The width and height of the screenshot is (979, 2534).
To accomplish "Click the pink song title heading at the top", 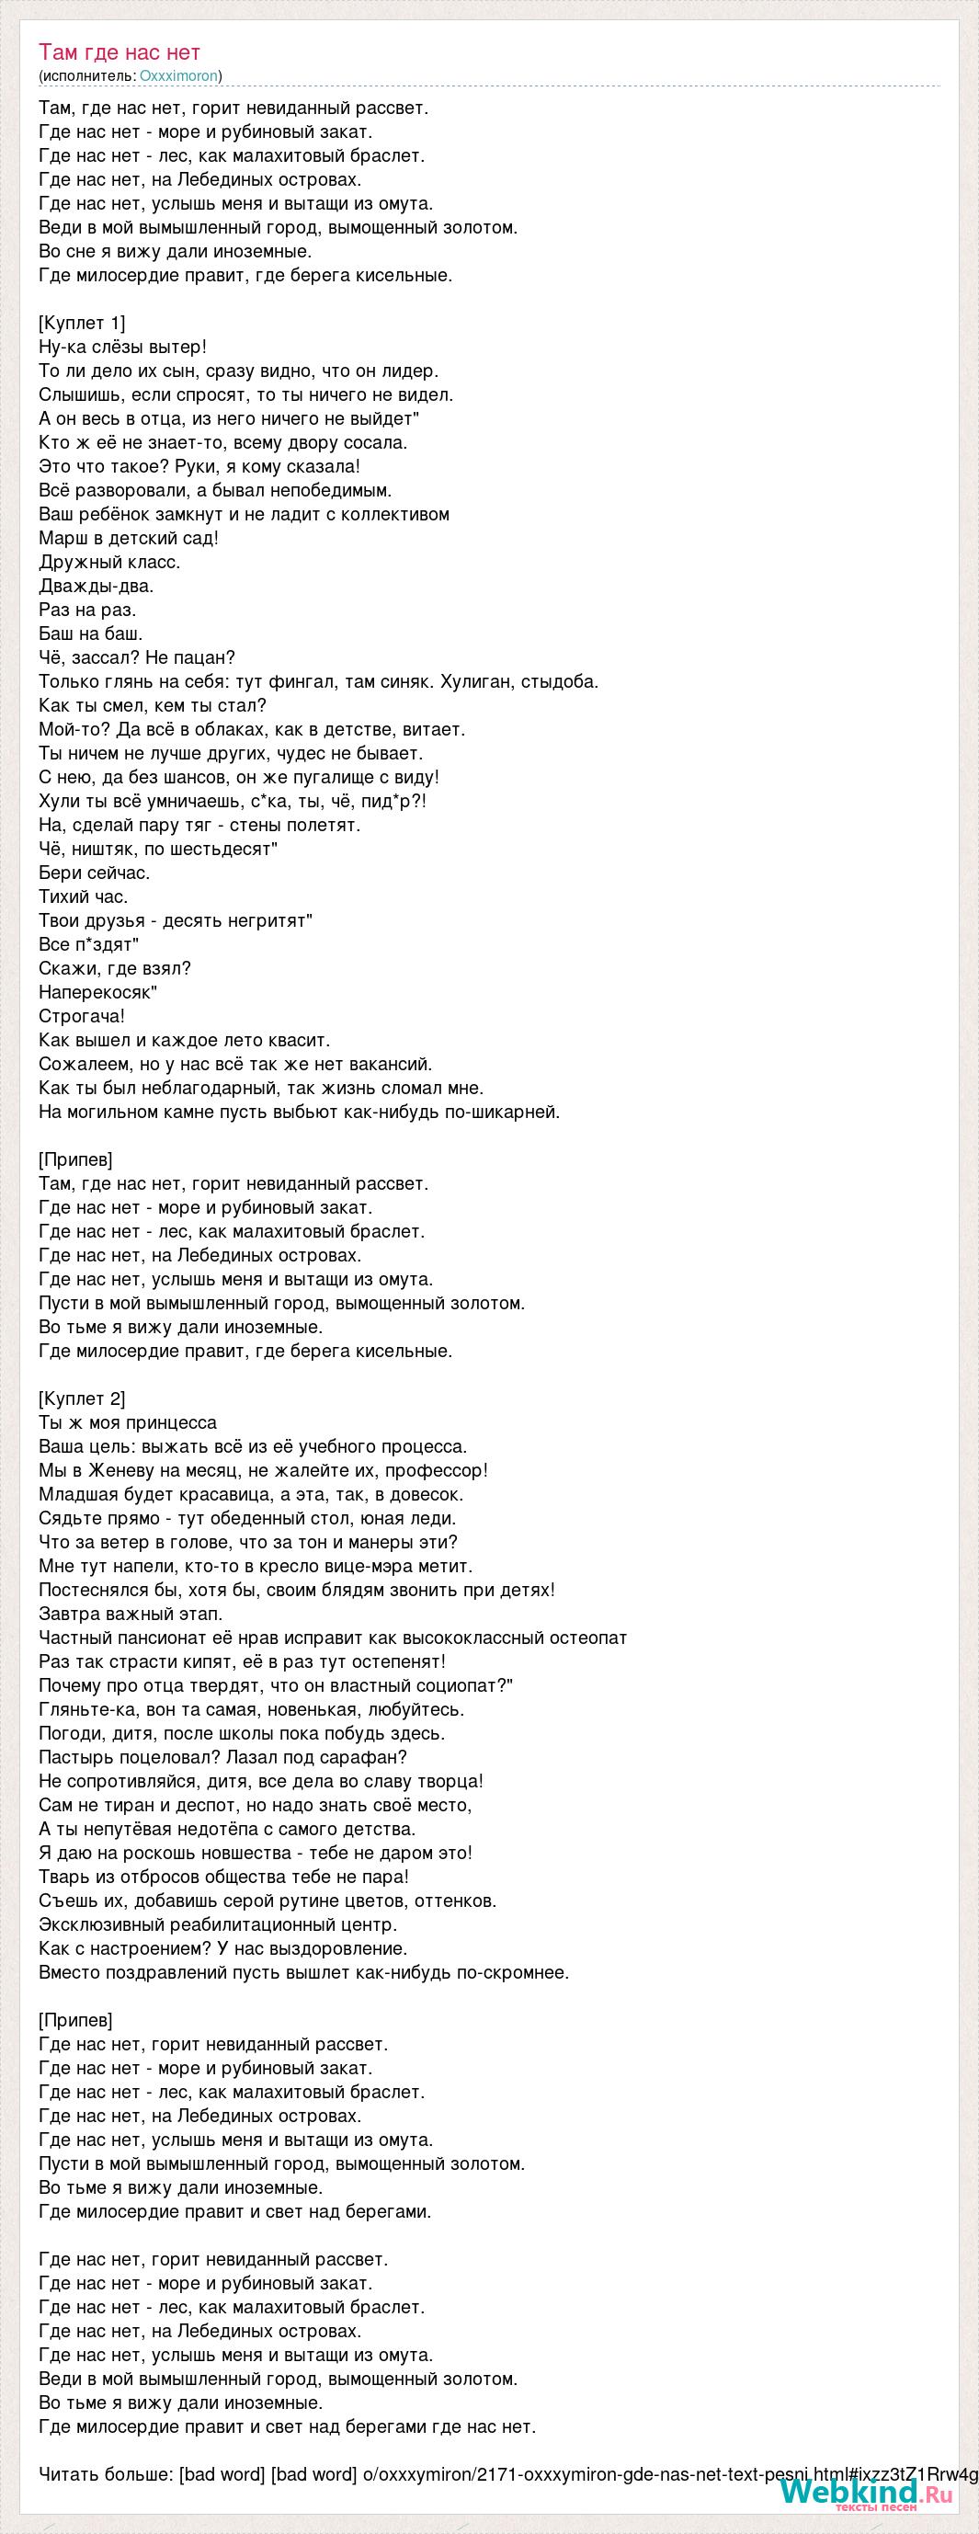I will pyautogui.click(x=120, y=52).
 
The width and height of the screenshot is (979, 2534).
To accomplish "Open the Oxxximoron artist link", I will pyautogui.click(x=179, y=75).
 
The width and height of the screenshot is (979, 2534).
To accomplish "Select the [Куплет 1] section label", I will pyautogui.click(x=82, y=323).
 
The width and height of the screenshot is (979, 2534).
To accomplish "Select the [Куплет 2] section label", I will pyautogui.click(x=82, y=1398).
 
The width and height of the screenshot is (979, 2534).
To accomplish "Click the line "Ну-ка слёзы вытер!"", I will pyautogui.click(x=123, y=347).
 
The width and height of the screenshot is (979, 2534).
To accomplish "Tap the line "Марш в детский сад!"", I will pyautogui.click(x=128, y=538).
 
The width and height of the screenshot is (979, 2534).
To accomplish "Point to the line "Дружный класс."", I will pyautogui.click(x=109, y=562).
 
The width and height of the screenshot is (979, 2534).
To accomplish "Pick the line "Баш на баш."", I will pyautogui.click(x=90, y=633).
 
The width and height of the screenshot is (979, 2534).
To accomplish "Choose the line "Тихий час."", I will pyautogui.click(x=83, y=896).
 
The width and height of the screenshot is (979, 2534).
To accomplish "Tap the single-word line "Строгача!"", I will pyautogui.click(x=82, y=1016).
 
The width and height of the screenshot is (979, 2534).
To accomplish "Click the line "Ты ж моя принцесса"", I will pyautogui.click(x=127, y=1422).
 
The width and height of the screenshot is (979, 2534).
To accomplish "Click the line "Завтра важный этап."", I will pyautogui.click(x=131, y=1614).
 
